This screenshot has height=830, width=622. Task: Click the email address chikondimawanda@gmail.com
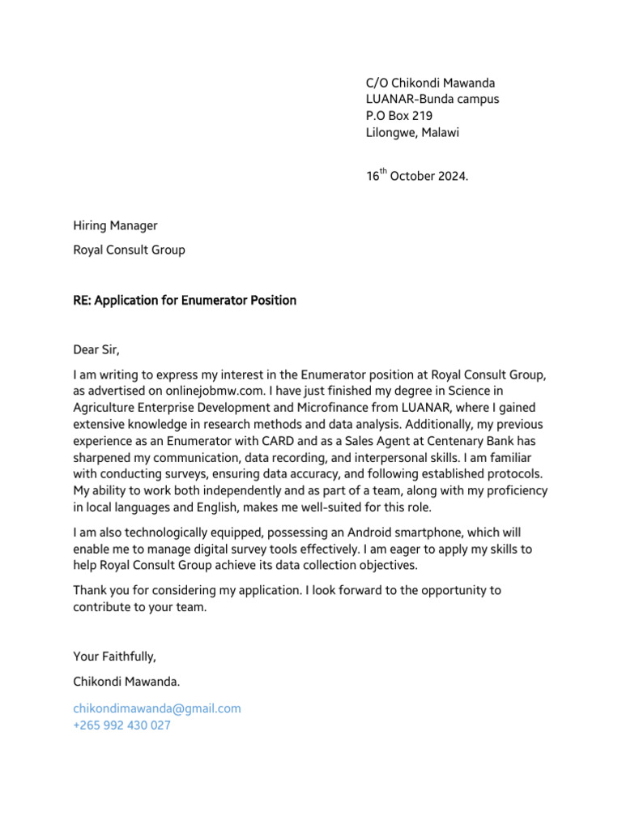coord(157,708)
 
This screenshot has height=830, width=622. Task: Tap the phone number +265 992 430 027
coord(121,725)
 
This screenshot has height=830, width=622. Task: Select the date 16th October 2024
coord(416,176)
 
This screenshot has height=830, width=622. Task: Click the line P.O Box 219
coord(399,116)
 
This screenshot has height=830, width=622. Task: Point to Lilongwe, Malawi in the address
coord(412,133)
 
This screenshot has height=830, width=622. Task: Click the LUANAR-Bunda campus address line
coord(432,99)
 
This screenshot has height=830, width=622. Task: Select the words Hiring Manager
coord(115,225)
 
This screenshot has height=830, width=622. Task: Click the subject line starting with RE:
coord(185,301)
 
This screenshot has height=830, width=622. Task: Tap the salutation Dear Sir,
coord(96,350)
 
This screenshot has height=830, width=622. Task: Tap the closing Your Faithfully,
coord(113,657)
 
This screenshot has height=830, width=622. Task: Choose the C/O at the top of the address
coord(377,83)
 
